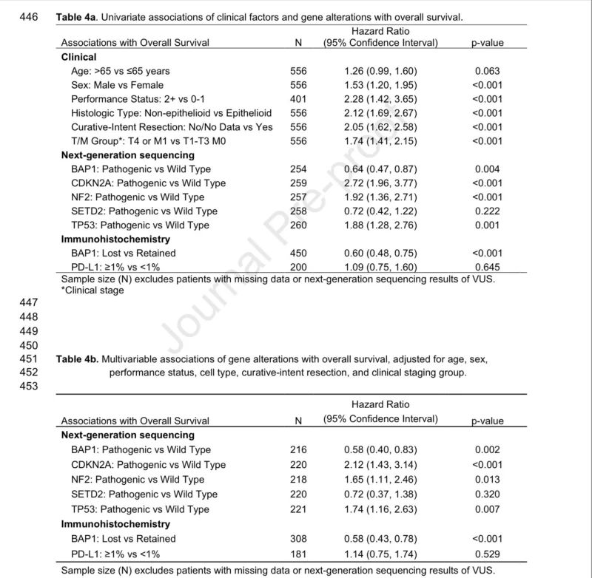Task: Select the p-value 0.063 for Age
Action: coord(488,71)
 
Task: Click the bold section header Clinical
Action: coord(78,57)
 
